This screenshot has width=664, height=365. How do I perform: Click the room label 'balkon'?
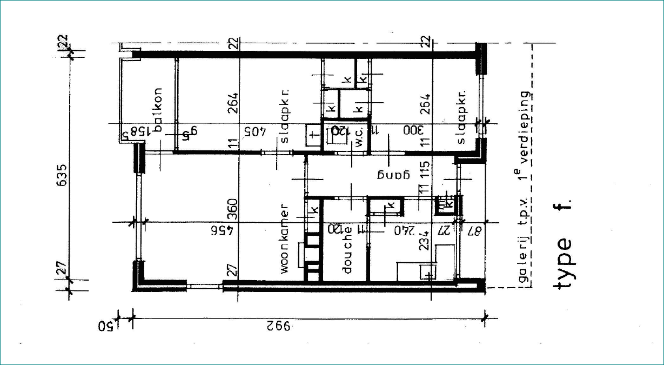pyautogui.click(x=158, y=110)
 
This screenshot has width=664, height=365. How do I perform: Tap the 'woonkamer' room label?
pyautogui.click(x=285, y=240)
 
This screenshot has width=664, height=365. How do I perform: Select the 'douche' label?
pyautogui.click(x=347, y=249)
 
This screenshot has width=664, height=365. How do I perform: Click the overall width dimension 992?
pyautogui.click(x=278, y=326)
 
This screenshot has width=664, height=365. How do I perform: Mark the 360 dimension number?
pyautogui.click(x=232, y=208)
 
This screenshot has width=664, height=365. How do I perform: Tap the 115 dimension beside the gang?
pyautogui.click(x=425, y=170)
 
